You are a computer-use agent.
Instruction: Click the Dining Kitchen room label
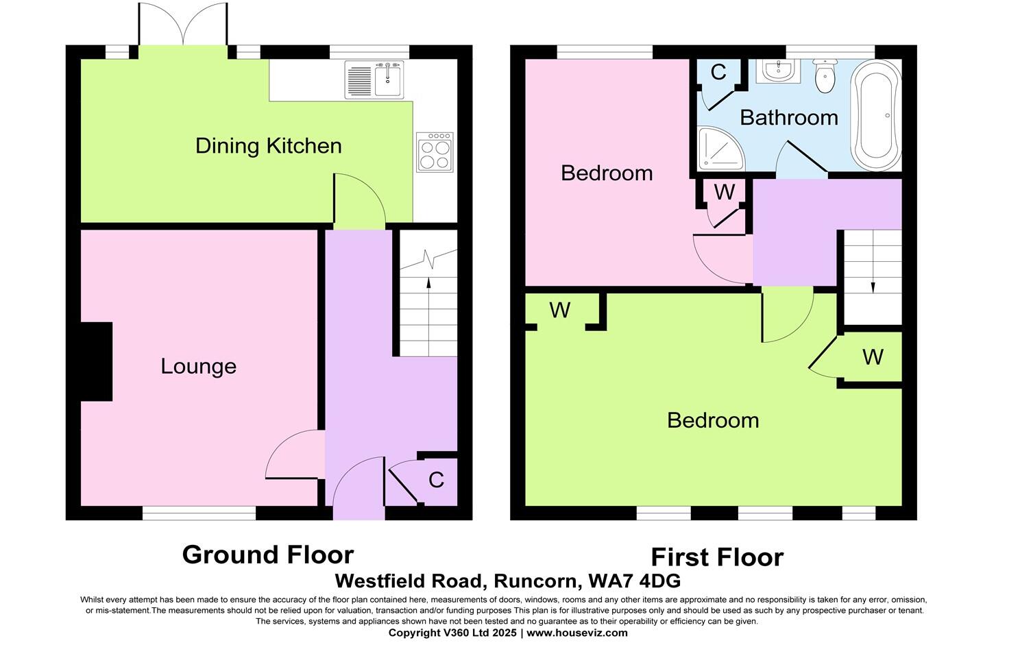(268, 146)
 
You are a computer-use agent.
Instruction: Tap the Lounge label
(198, 366)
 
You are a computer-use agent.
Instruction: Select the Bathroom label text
(788, 118)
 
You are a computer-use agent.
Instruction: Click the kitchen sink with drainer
(375, 80)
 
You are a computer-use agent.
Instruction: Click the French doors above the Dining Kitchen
(182, 25)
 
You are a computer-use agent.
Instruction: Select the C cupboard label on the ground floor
(436, 480)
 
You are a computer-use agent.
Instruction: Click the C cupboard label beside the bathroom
(718, 73)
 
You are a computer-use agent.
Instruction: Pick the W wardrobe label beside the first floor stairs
(873, 357)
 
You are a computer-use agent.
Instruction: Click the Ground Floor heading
(267, 555)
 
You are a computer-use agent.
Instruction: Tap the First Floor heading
(716, 557)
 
